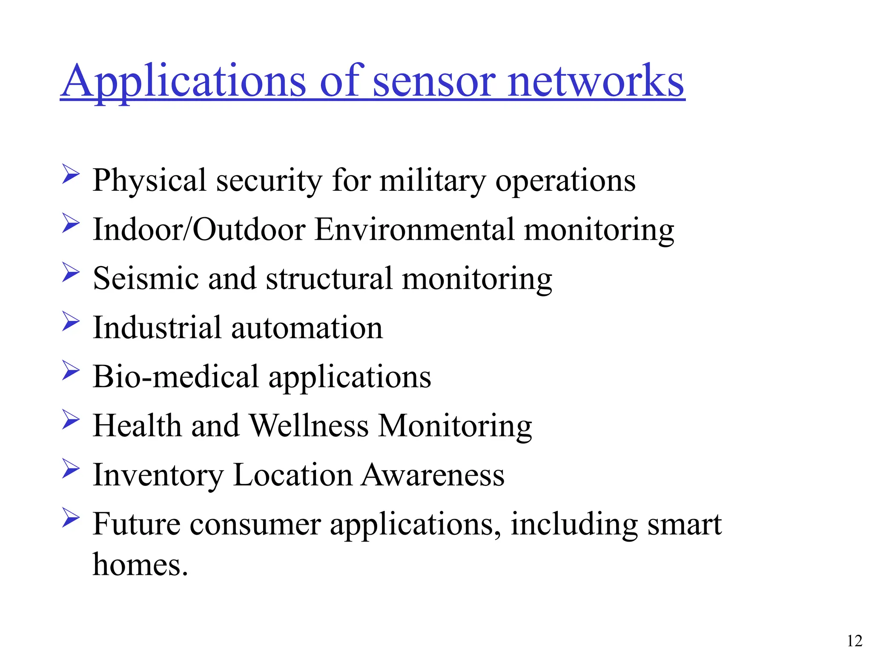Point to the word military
click(432, 181)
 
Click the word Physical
click(149, 181)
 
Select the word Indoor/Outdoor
click(199, 229)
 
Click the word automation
click(307, 328)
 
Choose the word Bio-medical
click(175, 377)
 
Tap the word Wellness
click(309, 426)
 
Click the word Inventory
click(158, 475)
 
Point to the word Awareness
click(433, 475)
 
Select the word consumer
click(255, 524)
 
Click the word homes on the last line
click(140, 565)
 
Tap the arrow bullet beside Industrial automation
click(71, 321)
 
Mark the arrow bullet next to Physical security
click(71, 174)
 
